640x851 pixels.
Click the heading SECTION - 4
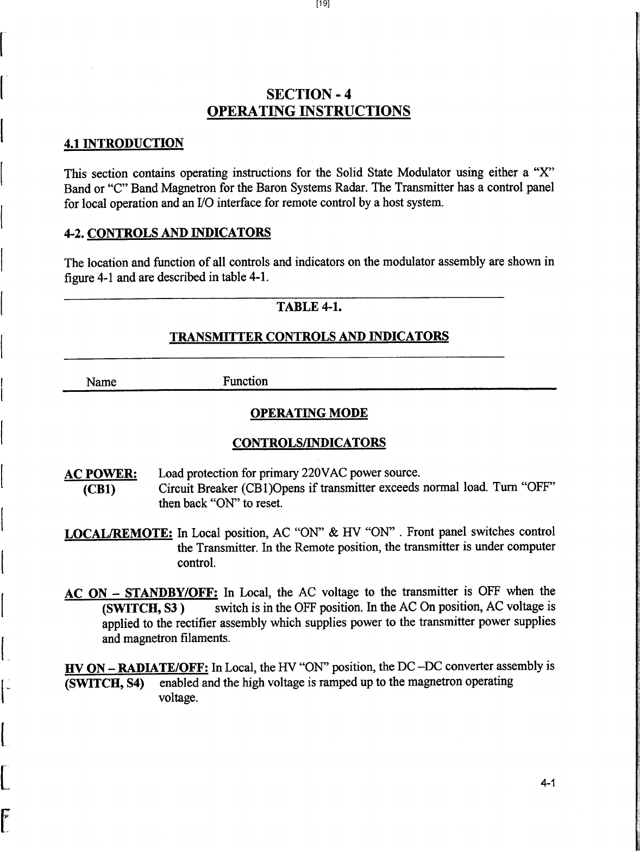(x=308, y=94)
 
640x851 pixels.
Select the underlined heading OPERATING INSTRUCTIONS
(x=308, y=111)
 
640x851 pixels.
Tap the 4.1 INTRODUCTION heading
(x=124, y=144)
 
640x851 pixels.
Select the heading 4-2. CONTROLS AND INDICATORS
(x=167, y=234)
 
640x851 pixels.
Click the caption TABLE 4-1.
(x=309, y=307)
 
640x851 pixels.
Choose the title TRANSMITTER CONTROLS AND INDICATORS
(x=309, y=336)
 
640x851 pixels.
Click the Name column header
(x=102, y=382)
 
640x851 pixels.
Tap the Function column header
(x=245, y=382)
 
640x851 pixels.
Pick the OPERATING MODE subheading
(x=309, y=414)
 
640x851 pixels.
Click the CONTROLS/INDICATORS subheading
(x=309, y=443)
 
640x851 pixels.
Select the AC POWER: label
(x=101, y=474)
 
